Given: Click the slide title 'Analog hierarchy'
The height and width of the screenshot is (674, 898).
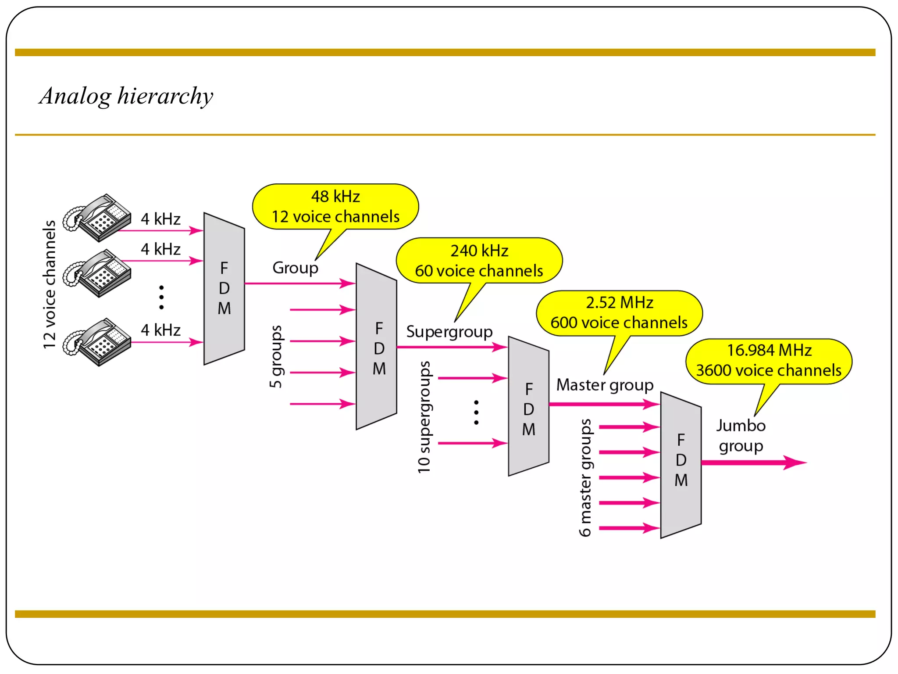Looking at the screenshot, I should pos(126,96).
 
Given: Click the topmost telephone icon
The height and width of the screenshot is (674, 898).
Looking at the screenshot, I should pos(97,218).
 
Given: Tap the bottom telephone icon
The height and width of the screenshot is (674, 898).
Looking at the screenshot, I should pos(97,342).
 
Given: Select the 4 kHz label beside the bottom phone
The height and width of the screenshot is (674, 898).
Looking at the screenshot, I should pos(160,330).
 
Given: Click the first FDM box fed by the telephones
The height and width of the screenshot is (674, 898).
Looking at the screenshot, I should pos(224,288).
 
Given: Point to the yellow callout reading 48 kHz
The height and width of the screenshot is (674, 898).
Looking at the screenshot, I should pos(335,207).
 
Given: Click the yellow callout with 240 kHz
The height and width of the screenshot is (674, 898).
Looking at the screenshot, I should pos(479,261).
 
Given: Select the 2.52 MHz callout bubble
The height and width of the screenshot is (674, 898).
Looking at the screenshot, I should pos(619,313).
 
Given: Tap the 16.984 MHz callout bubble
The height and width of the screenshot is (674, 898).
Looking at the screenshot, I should pos(769,361).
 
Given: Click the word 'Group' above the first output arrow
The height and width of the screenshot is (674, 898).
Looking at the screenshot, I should pos(295,268).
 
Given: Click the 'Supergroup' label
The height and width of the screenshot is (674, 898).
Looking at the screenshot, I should pos(449,331).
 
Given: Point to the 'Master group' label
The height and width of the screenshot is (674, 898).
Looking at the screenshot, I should pos(605,385).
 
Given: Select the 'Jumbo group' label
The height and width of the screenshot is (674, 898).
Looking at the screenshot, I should pos(741,435).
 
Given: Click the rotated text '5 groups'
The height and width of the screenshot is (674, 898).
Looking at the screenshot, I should pos(276,356).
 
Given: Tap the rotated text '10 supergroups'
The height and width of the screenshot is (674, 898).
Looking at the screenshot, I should pos(424,417).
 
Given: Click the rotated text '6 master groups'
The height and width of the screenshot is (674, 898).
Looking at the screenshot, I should pos(585,477).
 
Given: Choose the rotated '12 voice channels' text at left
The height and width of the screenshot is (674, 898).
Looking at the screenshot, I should pos(50,284).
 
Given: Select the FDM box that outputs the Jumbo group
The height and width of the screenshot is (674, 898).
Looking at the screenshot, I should pos(681,465).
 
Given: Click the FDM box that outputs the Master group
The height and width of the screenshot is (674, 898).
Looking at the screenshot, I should pos(528,406).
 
